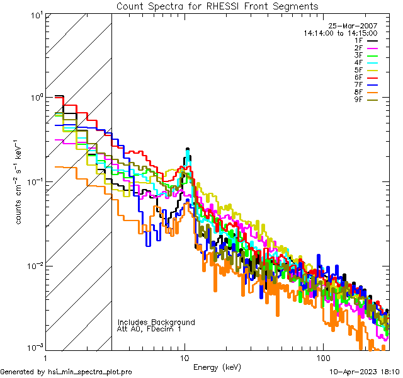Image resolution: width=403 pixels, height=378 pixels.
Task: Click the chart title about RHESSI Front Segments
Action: (217, 6)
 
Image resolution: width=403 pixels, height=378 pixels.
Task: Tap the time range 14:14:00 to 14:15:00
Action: (340, 33)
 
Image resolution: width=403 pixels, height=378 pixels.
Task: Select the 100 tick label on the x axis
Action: (322, 357)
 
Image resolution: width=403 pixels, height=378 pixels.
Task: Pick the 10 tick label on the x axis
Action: (184, 357)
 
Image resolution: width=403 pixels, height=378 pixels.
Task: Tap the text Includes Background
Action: (156, 322)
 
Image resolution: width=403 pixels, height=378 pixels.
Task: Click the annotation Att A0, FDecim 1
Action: (149, 329)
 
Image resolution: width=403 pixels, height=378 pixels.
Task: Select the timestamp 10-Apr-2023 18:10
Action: (365, 372)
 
